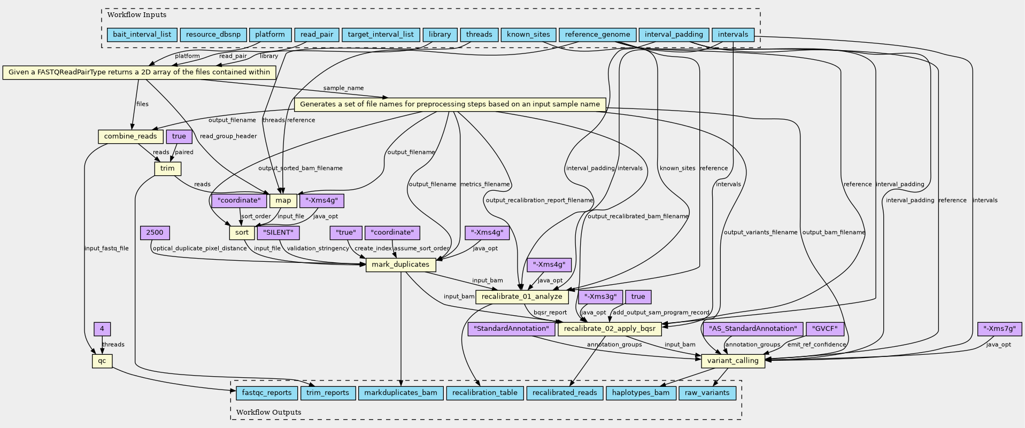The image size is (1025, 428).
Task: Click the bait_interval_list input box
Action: tap(142, 35)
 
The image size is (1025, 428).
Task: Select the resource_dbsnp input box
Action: tap(213, 35)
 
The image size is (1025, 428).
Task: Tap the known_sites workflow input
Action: tap(528, 35)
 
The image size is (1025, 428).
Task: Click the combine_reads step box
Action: tap(130, 136)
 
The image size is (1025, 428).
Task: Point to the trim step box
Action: tap(167, 168)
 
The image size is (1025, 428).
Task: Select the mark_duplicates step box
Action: tap(400, 264)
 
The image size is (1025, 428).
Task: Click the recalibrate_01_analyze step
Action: tap(522, 297)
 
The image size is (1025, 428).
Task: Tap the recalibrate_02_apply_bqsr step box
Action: tap(610, 329)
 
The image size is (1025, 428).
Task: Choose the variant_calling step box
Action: tap(733, 361)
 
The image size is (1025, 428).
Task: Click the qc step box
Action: tap(102, 361)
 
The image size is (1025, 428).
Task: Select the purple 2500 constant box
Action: tap(155, 232)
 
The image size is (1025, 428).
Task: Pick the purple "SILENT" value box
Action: tap(278, 232)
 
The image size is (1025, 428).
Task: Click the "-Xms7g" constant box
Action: tap(999, 329)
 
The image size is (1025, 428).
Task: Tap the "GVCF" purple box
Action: tap(824, 329)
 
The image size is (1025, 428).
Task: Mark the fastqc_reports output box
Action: tap(267, 393)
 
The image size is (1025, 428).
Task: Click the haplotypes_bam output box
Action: tap(641, 393)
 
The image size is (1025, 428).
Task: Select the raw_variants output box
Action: tap(707, 393)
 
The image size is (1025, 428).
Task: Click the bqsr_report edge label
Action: tap(550, 313)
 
